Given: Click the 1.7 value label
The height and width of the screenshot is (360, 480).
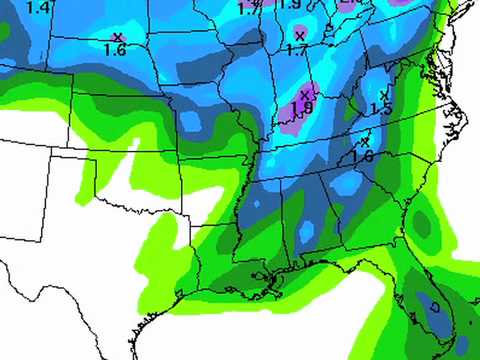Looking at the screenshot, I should click(x=296, y=49).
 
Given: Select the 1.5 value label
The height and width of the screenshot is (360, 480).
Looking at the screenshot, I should click(x=380, y=109).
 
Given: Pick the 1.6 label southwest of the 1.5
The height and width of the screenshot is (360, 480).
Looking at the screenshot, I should click(x=362, y=156).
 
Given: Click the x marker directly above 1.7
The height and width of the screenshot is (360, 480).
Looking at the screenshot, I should click(x=299, y=35).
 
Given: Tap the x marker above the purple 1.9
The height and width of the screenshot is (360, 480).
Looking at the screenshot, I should click(x=304, y=94).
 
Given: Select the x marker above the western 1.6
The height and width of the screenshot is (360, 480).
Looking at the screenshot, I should click(x=117, y=37).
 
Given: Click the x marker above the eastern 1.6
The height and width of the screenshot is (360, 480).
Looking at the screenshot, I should click(x=365, y=141).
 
